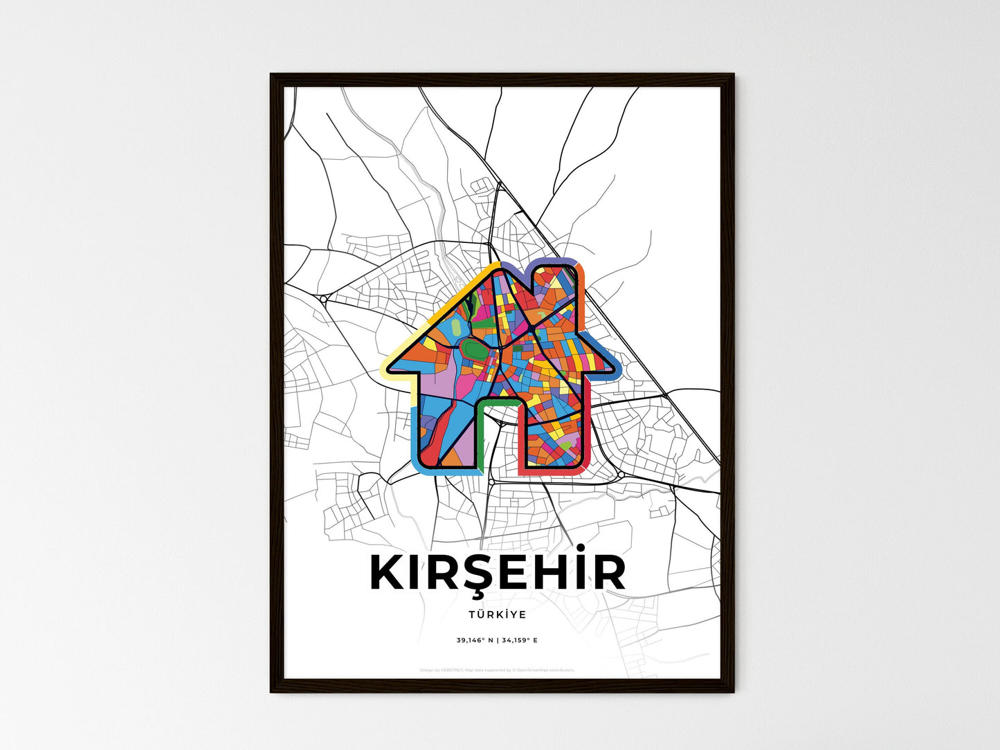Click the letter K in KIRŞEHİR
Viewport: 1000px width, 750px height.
(x=388, y=573)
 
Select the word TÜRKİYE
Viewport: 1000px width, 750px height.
(x=497, y=614)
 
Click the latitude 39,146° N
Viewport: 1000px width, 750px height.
(x=475, y=640)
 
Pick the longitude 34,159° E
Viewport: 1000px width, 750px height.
(x=519, y=640)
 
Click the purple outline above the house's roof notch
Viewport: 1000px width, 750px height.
(x=526, y=265)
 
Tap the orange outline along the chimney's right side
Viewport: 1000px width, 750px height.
(x=582, y=291)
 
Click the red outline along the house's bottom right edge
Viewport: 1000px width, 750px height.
(x=554, y=472)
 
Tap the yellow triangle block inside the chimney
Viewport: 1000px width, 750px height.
(x=555, y=282)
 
